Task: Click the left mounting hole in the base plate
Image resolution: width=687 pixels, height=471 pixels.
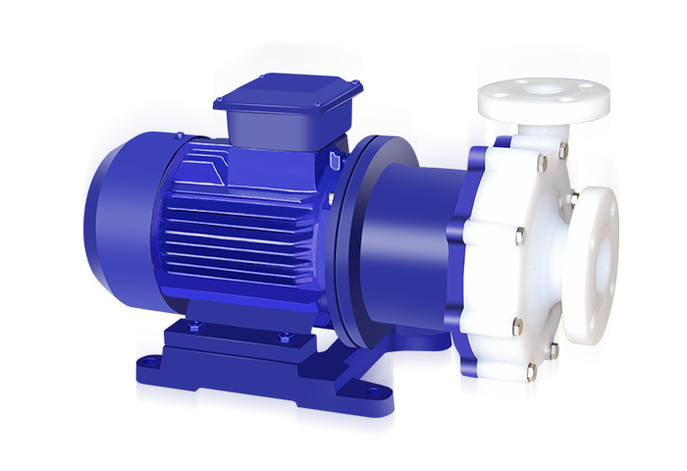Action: click(150, 362)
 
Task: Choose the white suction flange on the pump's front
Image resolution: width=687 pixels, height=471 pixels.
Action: click(597, 255)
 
